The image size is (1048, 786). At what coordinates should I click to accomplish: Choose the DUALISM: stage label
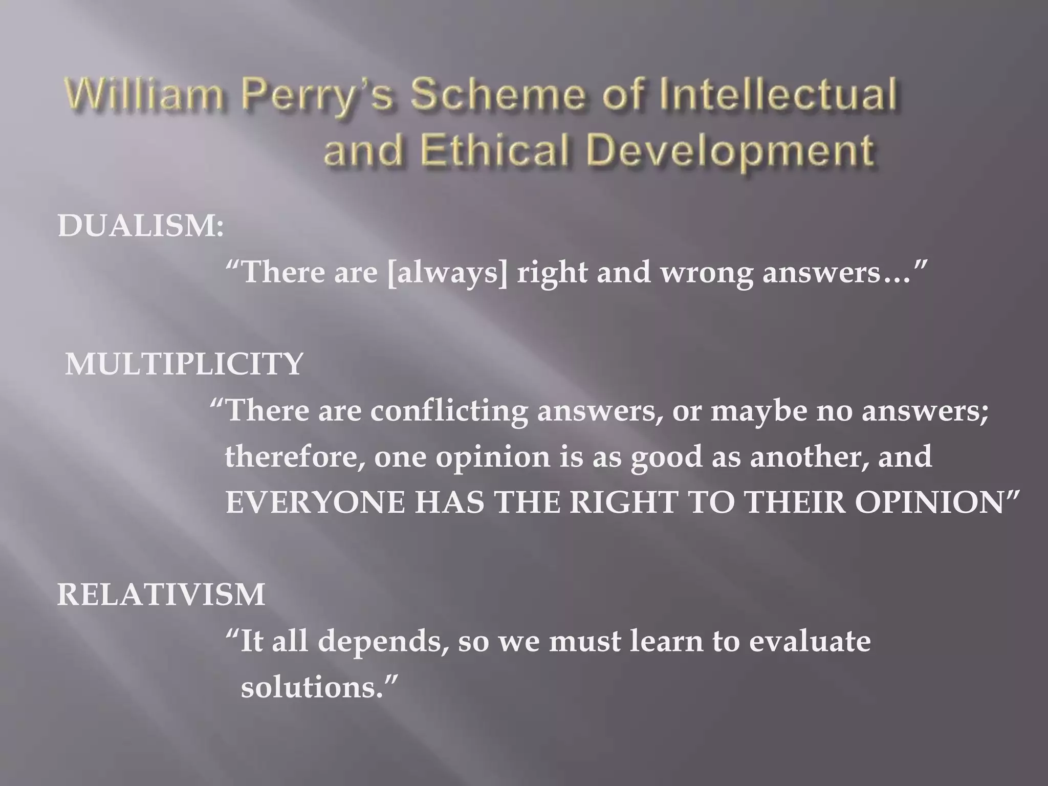pyautogui.click(x=141, y=226)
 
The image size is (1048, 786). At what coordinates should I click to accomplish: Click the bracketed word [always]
pyautogui.click(x=448, y=272)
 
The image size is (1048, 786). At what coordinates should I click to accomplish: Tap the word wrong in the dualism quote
pyautogui.click(x=706, y=272)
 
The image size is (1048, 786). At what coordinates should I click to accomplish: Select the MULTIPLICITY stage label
pyautogui.click(x=184, y=364)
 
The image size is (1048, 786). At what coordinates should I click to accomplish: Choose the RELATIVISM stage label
pyautogui.click(x=161, y=595)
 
